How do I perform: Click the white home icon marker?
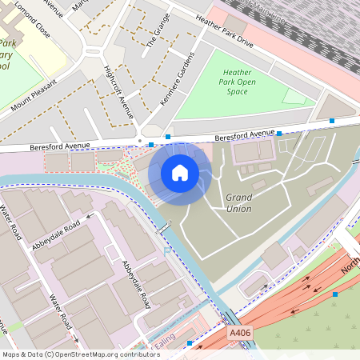[180, 172]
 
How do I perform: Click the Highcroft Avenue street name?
[118, 90]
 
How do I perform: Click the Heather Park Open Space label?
[237, 81]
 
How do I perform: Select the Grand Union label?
[238, 203]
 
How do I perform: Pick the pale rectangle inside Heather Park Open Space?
[294, 96]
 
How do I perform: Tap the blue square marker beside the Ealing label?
[190, 343]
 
